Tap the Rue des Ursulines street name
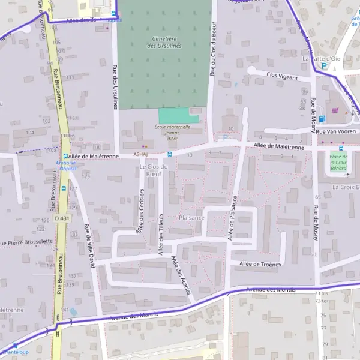pyautogui.click(x=114, y=87)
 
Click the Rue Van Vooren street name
pyautogui.click(x=336, y=131)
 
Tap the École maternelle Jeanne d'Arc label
pyautogui.click(x=170, y=132)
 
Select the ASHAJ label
pyautogui.click(x=132, y=153)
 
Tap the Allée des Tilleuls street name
pyautogui.click(x=161, y=234)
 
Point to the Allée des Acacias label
pyautogui.click(x=181, y=275)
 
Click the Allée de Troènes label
pyautogui.click(x=260, y=264)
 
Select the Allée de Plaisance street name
pyautogui.click(x=232, y=218)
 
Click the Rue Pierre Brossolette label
pyautogui.click(x=27, y=242)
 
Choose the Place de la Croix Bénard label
pyautogui.click(x=340, y=165)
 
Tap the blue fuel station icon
pyautogui.click(x=322, y=118)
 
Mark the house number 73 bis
pyautogui.click(x=322, y=294)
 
